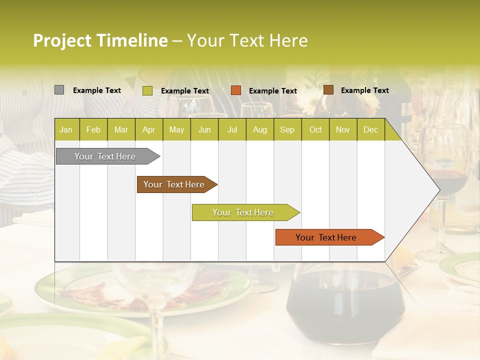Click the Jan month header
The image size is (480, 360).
coord(66,130)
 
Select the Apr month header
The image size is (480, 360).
coord(148,130)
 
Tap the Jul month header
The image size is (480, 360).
coord(232,130)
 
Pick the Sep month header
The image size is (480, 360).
coord(287,130)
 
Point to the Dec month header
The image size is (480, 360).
coord(370,130)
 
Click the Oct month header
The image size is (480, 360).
coord(315,130)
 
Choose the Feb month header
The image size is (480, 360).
coord(93,130)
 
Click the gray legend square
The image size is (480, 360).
coord(59,90)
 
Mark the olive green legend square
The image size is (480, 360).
coord(147,90)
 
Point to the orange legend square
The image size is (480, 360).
coord(236,90)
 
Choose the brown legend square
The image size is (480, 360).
coord(328,90)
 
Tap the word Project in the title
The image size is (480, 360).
coord(62,40)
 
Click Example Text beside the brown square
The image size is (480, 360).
coord(364,90)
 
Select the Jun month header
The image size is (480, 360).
coord(204,130)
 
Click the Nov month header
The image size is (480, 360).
coord(343,130)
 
